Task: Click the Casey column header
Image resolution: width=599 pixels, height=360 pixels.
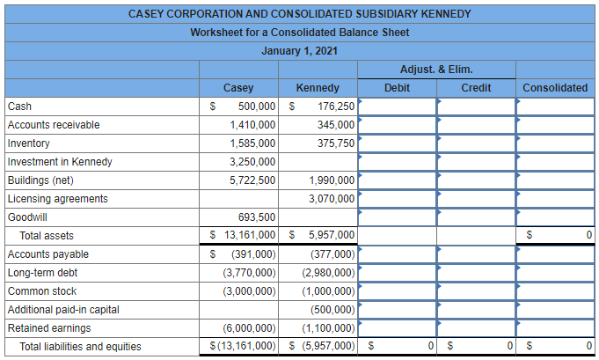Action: pos(238,88)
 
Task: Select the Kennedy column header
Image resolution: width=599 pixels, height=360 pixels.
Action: pos(318,88)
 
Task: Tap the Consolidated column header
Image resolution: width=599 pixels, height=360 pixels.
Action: pos(554,88)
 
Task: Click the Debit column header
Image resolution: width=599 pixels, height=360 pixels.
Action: pos(397,88)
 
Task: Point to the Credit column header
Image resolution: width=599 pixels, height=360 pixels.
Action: pos(476,88)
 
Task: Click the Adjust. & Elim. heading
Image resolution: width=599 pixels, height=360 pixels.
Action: pos(436,70)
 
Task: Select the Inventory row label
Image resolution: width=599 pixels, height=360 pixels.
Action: pos(29,143)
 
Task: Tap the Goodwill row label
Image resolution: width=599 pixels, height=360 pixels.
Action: pos(28,217)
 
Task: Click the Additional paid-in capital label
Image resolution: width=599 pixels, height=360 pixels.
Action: pos(63,310)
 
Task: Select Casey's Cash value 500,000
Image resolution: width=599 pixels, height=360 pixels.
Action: pos(257,107)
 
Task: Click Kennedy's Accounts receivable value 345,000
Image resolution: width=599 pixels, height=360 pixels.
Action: pos(335,125)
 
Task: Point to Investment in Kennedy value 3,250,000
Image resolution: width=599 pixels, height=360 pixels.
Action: pos(252,162)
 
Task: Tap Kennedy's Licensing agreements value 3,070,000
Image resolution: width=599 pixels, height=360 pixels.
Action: pos(332,199)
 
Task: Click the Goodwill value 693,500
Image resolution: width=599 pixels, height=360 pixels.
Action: pos(257,217)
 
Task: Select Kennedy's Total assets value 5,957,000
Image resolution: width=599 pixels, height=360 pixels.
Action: pos(332,236)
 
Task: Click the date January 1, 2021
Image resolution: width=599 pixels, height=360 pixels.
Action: pos(299,51)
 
